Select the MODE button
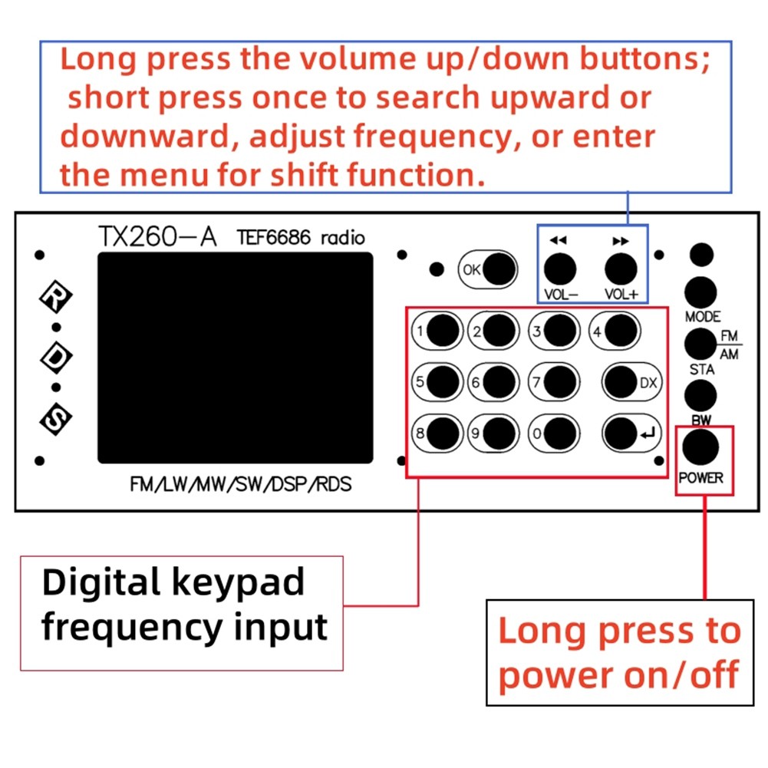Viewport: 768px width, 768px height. point(700,292)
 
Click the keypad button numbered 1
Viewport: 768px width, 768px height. point(443,331)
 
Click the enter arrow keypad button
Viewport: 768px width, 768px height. point(621,433)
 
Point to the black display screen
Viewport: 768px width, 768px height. point(235,358)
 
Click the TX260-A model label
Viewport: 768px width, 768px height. point(157,237)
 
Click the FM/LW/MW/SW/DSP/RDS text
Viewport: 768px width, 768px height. point(241,485)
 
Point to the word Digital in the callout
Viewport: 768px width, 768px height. point(97,583)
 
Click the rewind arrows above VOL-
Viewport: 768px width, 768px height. point(559,241)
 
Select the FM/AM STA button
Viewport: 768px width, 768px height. point(700,344)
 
